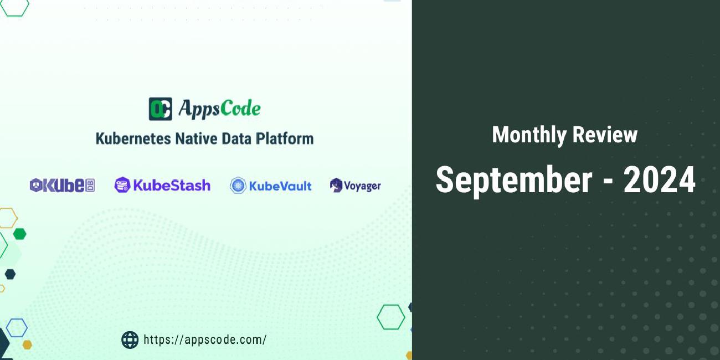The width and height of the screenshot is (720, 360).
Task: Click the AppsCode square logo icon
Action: click(160, 109)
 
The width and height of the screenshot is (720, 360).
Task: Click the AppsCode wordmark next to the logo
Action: click(219, 109)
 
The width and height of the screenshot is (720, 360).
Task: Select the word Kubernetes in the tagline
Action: click(133, 138)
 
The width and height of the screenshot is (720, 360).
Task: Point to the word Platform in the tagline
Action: click(285, 138)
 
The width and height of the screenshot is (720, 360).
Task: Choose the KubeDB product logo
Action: click(62, 186)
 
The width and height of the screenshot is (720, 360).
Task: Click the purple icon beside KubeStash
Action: click(122, 185)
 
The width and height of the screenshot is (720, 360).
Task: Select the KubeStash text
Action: click(171, 185)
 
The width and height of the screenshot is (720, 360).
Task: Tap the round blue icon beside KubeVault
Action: click(238, 186)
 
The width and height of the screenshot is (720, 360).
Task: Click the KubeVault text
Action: click(280, 186)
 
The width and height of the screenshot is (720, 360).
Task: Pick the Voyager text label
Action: click(362, 186)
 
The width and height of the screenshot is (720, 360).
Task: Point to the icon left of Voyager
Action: click(336, 186)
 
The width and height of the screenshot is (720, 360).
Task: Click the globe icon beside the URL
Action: click(130, 340)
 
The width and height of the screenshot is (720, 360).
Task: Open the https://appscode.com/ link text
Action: click(205, 340)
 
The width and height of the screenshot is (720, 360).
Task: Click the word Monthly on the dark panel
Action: click(529, 135)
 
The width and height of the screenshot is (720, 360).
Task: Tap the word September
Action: click(514, 180)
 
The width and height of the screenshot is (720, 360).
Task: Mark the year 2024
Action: click(659, 180)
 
